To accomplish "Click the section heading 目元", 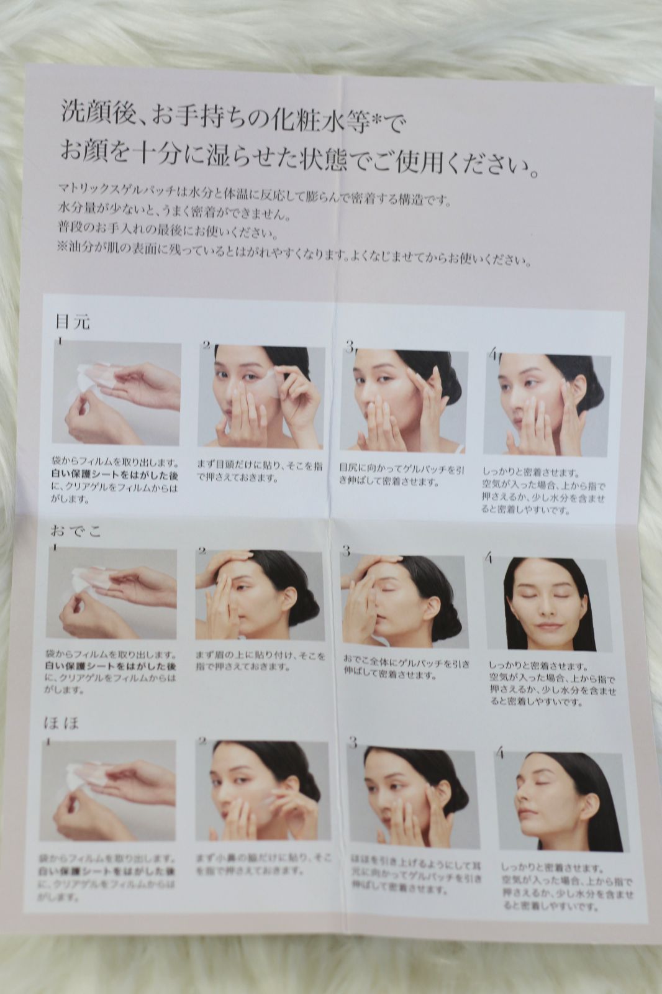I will click(73, 321).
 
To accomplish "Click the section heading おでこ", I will click(76, 531).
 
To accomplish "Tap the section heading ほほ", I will click(61, 723).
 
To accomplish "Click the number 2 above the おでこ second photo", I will click(201, 550).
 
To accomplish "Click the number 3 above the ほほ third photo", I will click(353, 742).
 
